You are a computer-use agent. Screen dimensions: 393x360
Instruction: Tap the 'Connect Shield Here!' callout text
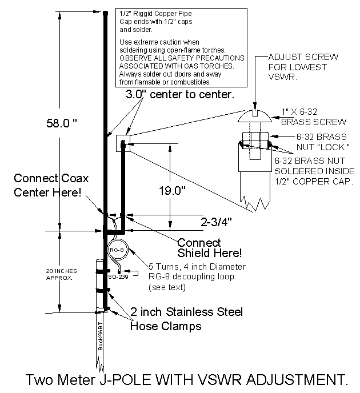pyautogui.click(x=209, y=247)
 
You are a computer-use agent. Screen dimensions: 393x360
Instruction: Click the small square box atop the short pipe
pyautogui.click(x=123, y=141)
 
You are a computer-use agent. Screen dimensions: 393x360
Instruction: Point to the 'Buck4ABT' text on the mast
pyautogui.click(x=100, y=336)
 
